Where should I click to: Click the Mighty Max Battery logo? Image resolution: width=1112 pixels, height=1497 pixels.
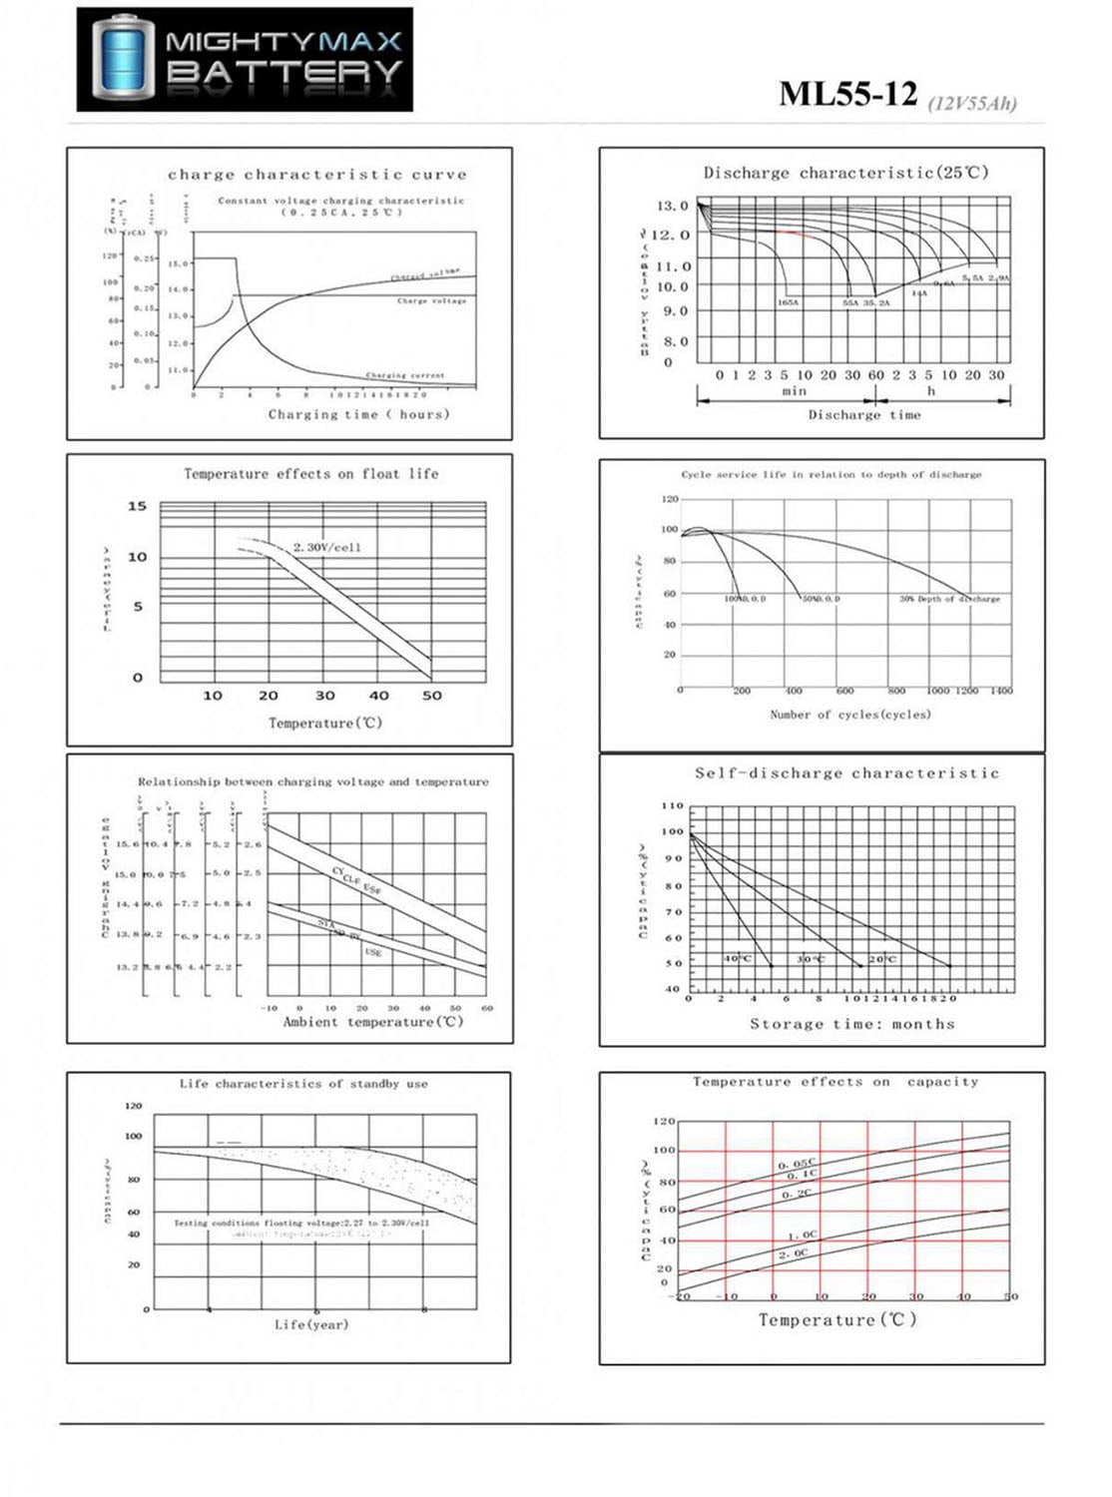(245, 59)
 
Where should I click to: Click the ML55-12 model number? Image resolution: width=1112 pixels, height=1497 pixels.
(847, 94)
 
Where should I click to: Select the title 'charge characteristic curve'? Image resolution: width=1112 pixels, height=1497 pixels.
(317, 174)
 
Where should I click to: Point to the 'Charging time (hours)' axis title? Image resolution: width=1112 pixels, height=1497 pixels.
(358, 414)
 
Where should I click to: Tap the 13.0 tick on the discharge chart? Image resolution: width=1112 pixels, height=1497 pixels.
(672, 206)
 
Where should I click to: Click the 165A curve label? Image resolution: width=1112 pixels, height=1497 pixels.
(788, 301)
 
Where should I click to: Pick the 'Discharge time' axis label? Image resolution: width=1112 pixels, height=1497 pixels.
(864, 414)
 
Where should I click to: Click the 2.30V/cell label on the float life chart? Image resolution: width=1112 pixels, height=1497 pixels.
(327, 547)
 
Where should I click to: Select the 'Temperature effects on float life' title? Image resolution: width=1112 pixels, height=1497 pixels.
(310, 474)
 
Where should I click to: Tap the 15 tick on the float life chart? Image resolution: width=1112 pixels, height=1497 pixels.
(137, 506)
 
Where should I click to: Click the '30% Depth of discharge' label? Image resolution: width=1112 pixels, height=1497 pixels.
(949, 599)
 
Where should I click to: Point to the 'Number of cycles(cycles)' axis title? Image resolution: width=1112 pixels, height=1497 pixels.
(850, 715)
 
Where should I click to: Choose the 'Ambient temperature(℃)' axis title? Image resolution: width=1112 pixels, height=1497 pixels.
(373, 1022)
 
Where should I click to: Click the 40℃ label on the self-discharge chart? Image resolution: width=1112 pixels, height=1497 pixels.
(738, 958)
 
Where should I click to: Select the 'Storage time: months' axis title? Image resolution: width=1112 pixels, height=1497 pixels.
(852, 1024)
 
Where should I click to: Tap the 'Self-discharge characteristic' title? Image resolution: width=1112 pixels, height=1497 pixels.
(846, 773)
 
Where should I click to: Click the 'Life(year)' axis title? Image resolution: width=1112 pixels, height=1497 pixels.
(311, 1324)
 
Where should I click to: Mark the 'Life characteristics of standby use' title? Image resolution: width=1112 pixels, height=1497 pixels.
(303, 1084)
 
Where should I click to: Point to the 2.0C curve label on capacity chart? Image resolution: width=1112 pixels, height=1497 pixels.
(794, 1253)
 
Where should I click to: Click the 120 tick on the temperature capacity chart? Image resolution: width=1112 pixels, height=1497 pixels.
(664, 1122)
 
